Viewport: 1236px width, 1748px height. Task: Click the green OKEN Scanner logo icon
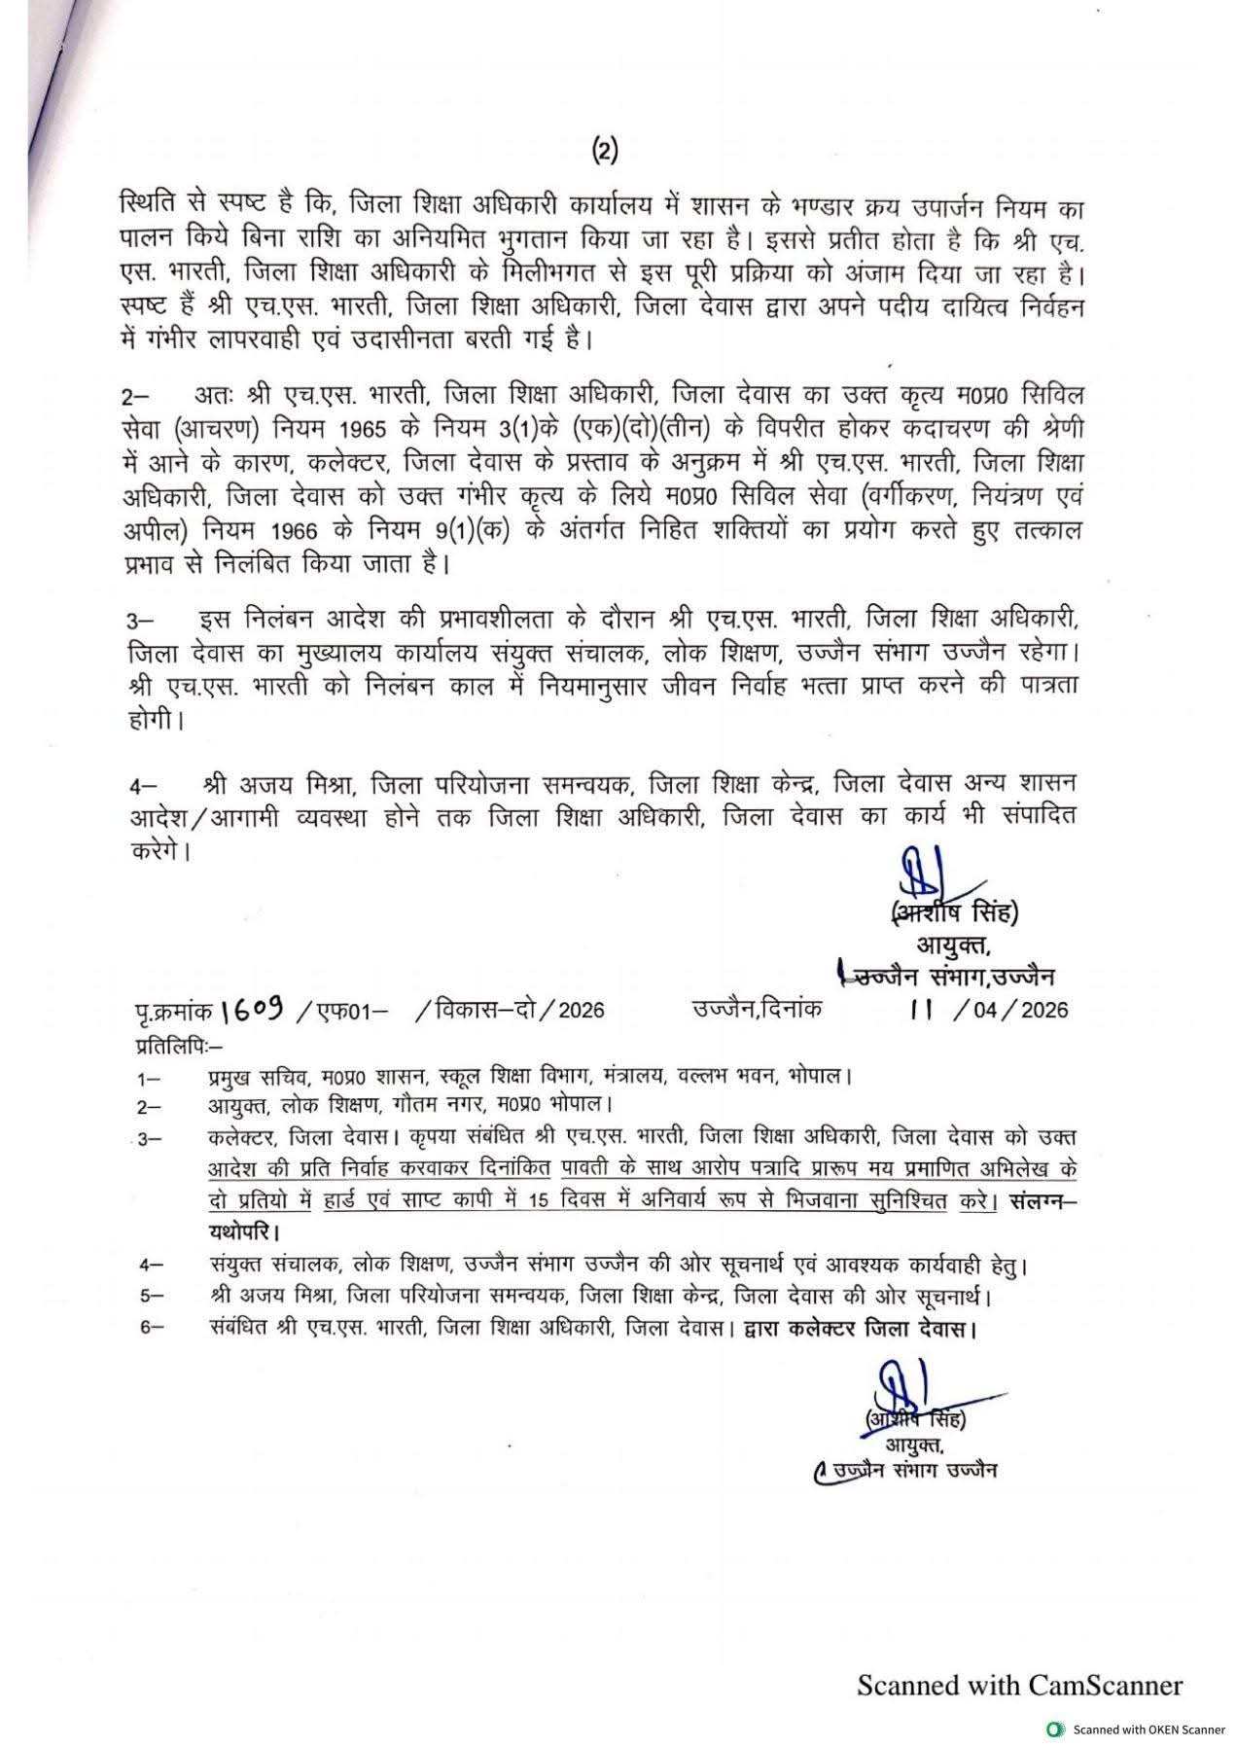point(1053,1729)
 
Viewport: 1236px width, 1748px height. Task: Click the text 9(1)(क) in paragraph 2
point(475,529)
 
